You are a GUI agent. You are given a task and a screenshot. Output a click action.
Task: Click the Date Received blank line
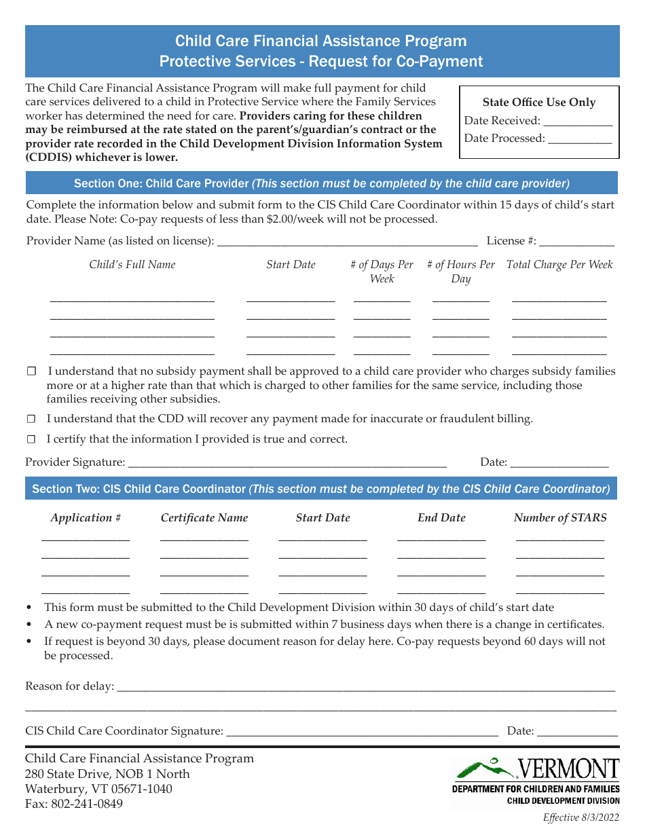[x=578, y=122]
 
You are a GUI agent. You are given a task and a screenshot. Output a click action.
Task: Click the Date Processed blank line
[x=579, y=140]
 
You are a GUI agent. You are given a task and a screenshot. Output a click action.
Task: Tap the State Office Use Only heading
[x=539, y=103]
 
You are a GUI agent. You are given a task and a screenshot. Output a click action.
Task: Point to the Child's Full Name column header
[x=132, y=265]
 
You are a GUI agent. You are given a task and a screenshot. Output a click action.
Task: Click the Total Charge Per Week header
[x=559, y=265]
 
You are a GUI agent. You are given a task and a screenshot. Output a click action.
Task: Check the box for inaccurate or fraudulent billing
[x=31, y=419]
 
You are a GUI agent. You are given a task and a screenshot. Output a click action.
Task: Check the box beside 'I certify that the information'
[x=31, y=439]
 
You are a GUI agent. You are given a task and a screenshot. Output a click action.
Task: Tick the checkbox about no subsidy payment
[x=31, y=371]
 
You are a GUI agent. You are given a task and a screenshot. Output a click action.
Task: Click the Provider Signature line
[x=287, y=464]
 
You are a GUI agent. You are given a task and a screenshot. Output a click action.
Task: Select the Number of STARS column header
[x=560, y=518]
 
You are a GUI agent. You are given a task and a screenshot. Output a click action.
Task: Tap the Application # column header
[x=86, y=518]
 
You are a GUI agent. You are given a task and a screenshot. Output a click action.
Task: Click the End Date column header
[x=441, y=518]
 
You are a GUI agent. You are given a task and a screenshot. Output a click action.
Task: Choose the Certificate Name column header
[x=204, y=518]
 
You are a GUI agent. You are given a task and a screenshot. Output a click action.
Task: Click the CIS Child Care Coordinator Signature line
[x=362, y=732]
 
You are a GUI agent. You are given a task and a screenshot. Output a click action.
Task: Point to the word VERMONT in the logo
[x=569, y=769]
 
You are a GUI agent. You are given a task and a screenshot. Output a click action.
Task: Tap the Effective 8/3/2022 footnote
[x=581, y=818]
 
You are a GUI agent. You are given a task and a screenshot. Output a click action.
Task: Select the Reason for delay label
[x=69, y=686]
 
